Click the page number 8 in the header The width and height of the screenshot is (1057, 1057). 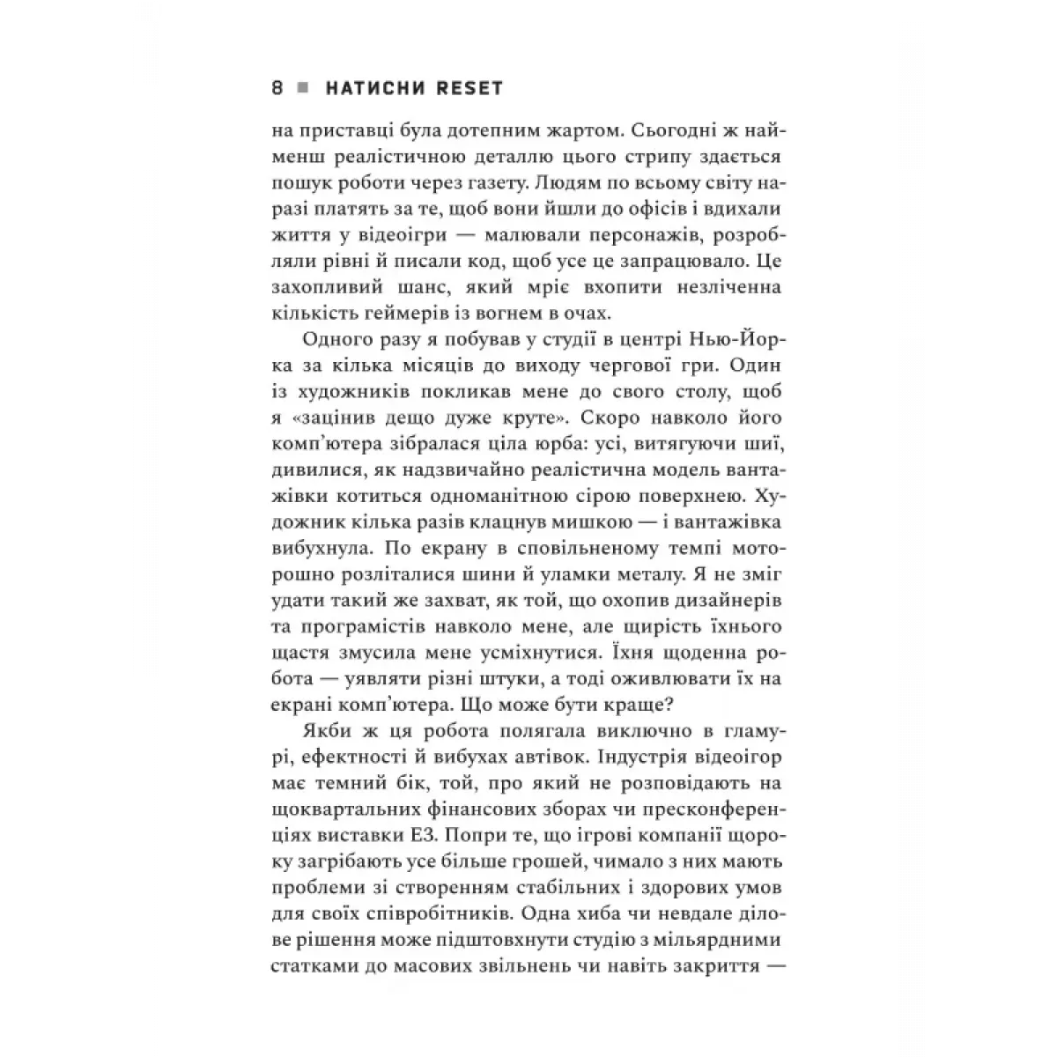coord(277,88)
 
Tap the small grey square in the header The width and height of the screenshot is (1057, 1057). coord(303,88)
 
